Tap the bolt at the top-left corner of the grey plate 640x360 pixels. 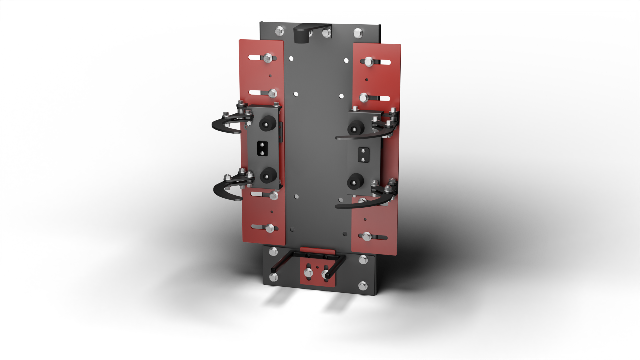coord(279,31)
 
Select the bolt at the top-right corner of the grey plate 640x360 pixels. coord(358,33)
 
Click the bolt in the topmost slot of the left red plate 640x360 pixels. coord(268,58)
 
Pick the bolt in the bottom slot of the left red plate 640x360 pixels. coord(270,229)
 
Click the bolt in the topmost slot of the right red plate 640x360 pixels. coord(369,62)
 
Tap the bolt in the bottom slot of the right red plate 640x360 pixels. coord(367,236)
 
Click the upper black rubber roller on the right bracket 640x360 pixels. coord(356,127)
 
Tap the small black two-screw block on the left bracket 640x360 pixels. coord(262,149)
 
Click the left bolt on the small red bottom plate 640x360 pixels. coord(308,273)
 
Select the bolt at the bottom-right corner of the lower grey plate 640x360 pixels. coord(363,286)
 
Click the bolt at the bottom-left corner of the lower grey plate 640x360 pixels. coord(273,277)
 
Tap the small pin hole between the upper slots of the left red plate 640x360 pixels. coord(270,76)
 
